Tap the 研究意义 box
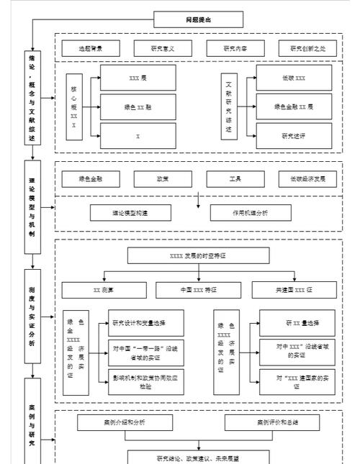(161, 49)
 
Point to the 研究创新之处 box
(307, 49)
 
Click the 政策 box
(161, 179)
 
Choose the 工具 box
(234, 179)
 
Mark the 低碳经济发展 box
(307, 179)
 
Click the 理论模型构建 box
(130, 213)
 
